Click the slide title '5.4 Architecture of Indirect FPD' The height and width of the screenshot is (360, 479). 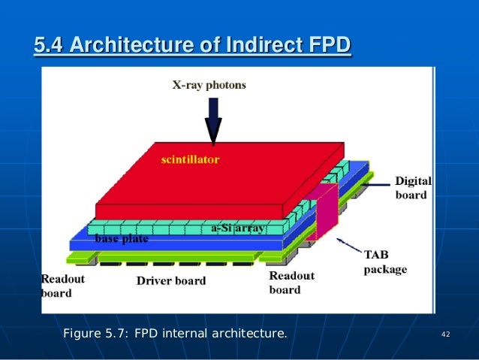pos(192,47)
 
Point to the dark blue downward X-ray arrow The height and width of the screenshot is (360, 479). pos(213,120)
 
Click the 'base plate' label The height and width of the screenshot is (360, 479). pos(122,240)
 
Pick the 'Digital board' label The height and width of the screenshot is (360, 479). pos(413,188)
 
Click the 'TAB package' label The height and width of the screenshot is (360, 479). pos(385,262)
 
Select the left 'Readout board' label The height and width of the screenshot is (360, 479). pos(62,286)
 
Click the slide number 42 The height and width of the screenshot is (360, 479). pos(445,334)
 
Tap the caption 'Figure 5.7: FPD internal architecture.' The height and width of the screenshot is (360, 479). pos(175,333)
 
